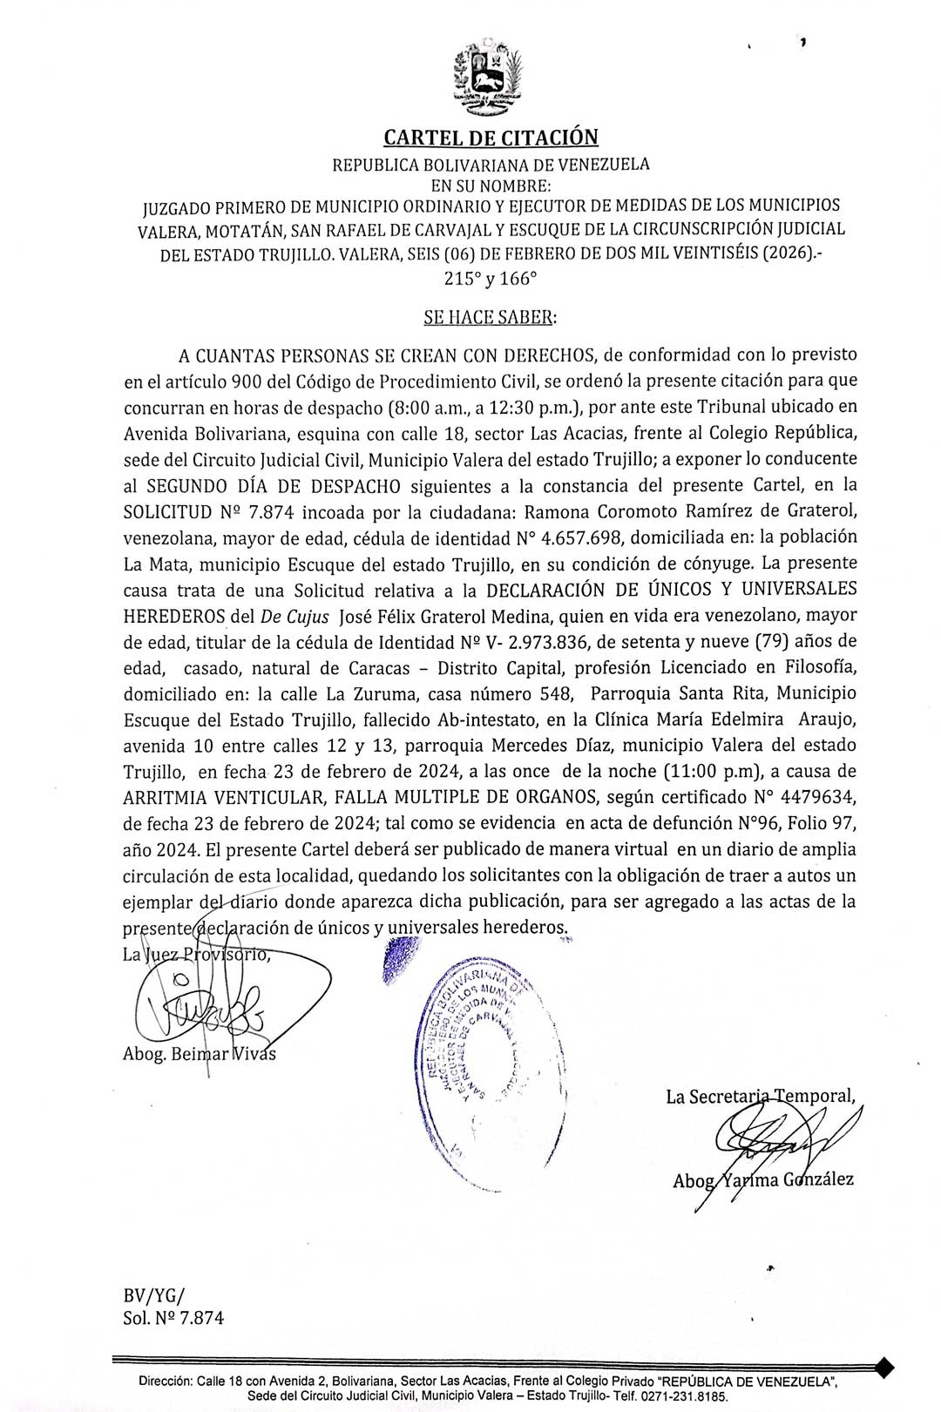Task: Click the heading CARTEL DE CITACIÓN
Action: tap(491, 138)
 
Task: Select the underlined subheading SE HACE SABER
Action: tap(489, 317)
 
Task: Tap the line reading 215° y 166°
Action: tap(491, 280)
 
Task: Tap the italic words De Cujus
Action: tap(294, 615)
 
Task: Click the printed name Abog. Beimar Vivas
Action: tap(200, 1054)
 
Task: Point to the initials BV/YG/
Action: tap(154, 1294)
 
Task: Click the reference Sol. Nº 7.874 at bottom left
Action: tap(173, 1318)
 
